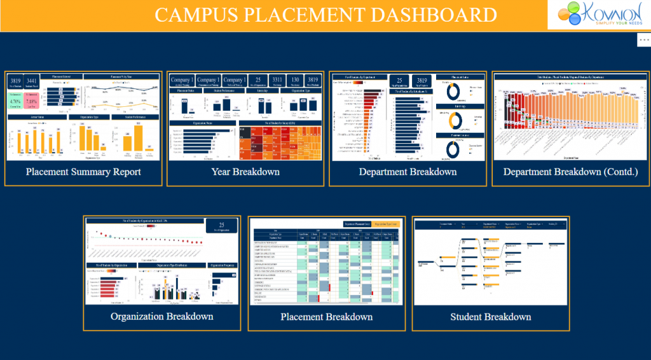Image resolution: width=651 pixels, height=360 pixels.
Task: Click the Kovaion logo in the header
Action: tap(598, 15)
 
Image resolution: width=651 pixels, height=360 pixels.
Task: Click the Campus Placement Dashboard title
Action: tap(325, 15)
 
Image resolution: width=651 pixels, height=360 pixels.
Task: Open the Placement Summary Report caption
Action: tap(83, 172)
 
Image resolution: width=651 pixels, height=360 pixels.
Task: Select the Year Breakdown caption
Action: tap(245, 172)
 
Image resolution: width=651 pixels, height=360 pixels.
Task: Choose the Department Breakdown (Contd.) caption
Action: tap(570, 172)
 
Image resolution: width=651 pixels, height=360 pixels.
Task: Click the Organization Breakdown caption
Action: tap(161, 316)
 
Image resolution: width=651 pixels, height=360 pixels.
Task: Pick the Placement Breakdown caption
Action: tap(327, 317)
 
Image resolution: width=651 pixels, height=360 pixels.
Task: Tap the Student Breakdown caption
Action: tap(490, 317)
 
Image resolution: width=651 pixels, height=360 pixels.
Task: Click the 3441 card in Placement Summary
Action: tap(32, 81)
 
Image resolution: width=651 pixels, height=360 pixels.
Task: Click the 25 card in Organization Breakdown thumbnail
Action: tap(221, 226)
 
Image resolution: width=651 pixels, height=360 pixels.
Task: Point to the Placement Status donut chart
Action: tap(453, 91)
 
